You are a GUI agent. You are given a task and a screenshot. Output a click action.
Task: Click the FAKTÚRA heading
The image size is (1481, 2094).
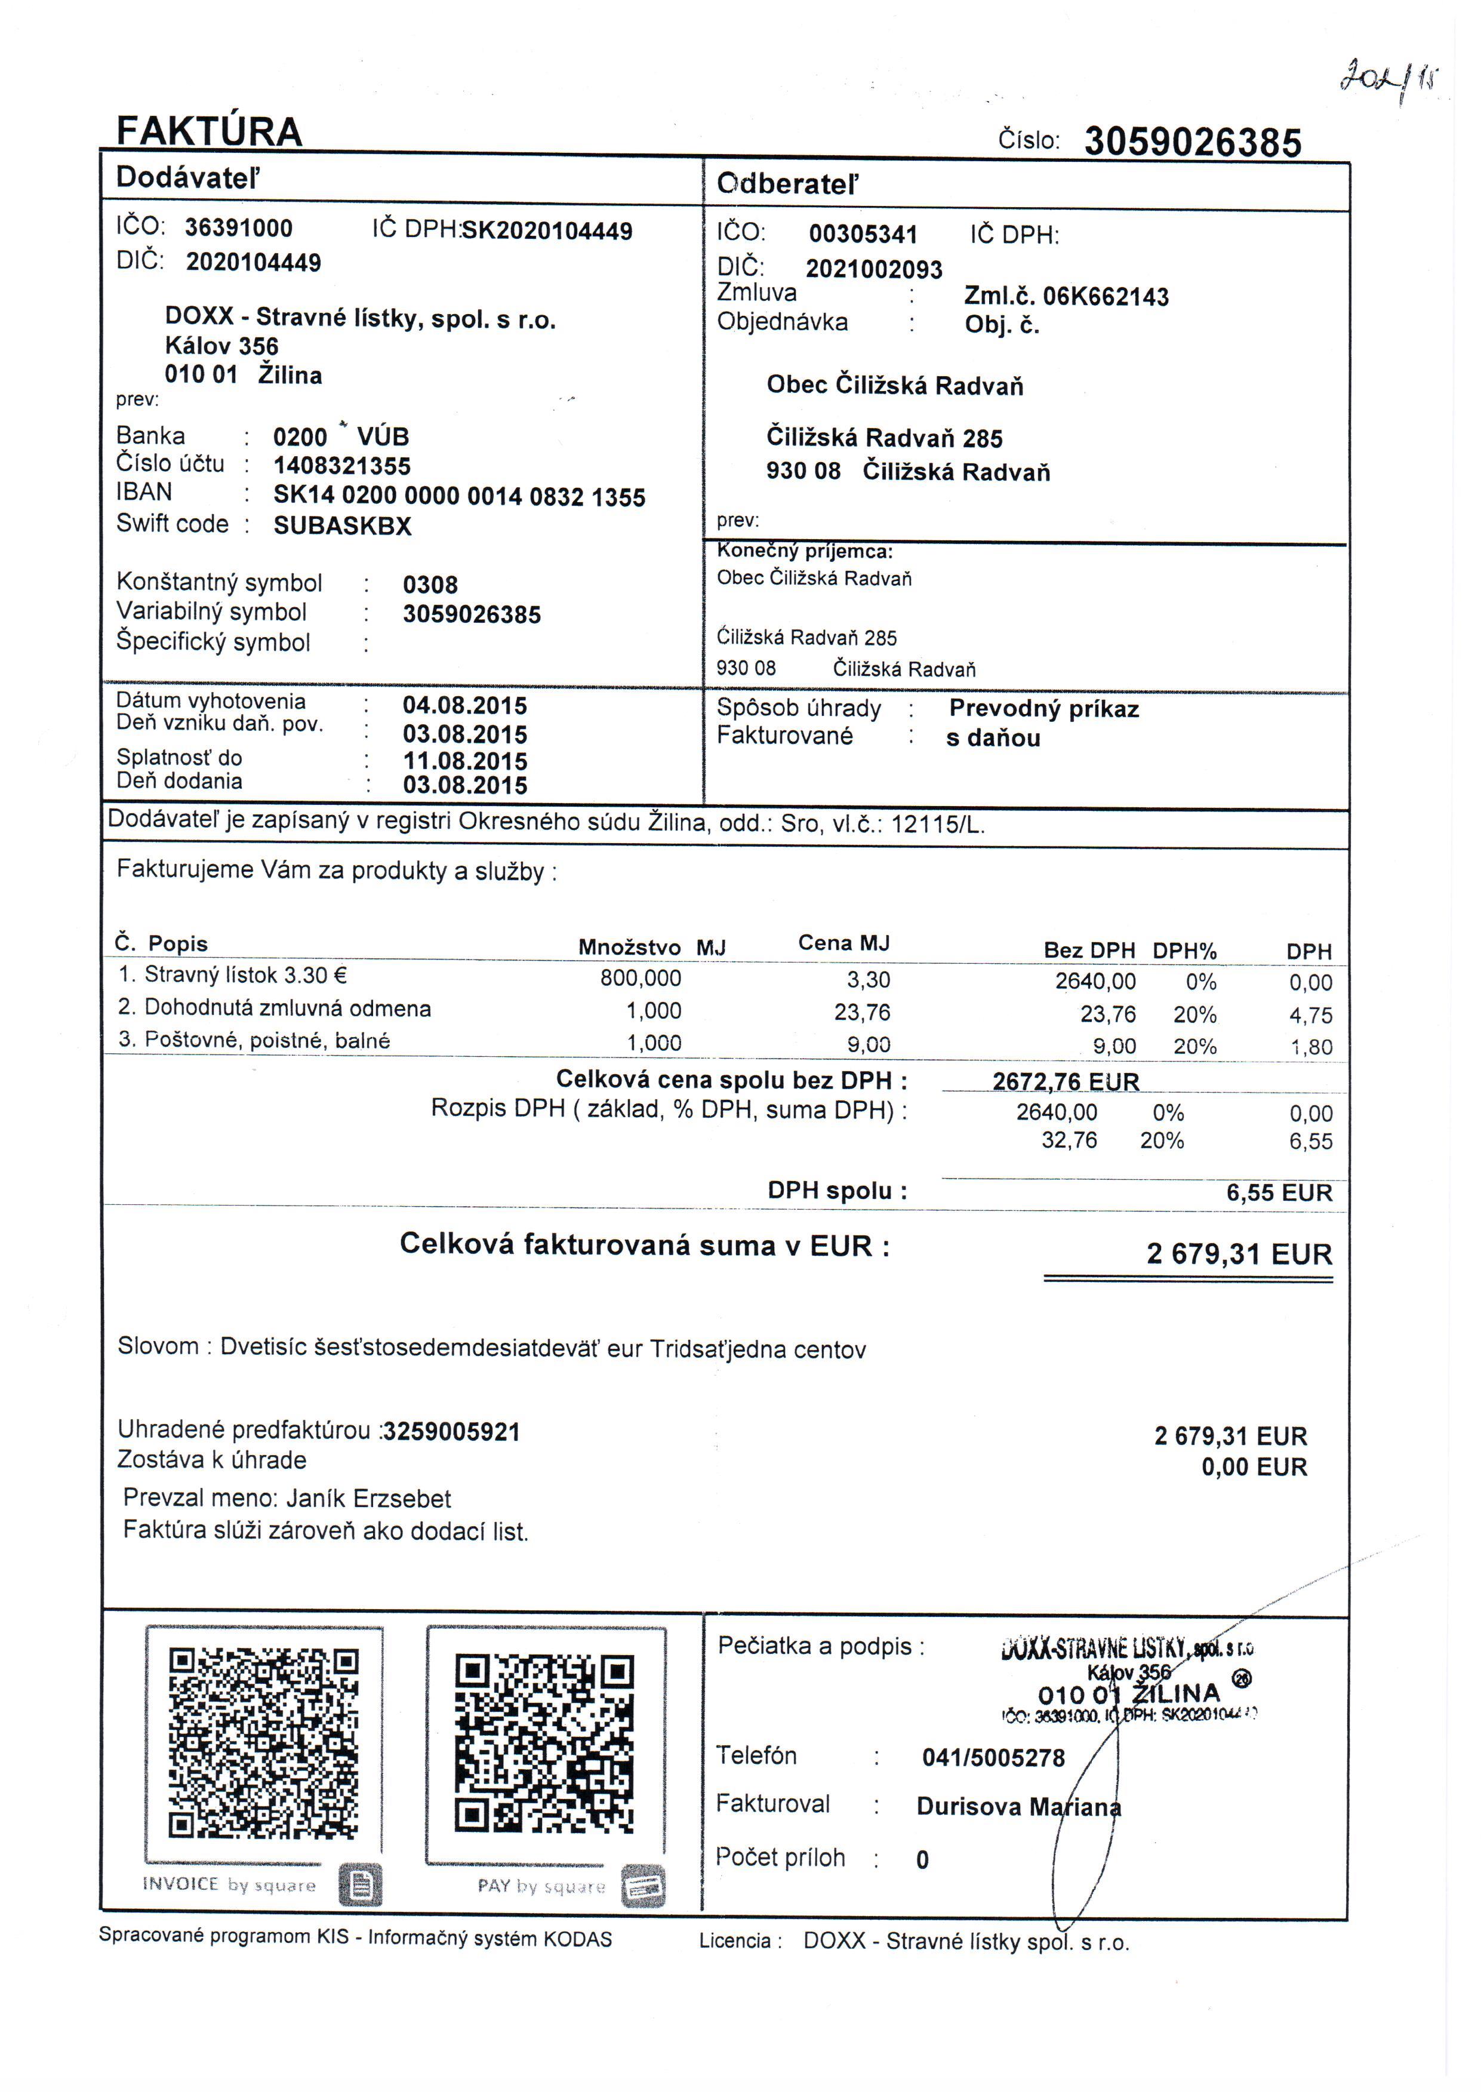[209, 131]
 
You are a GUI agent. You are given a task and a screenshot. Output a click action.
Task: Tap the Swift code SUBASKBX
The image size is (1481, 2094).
[342, 526]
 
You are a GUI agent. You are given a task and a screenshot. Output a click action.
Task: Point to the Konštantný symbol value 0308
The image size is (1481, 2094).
[430, 585]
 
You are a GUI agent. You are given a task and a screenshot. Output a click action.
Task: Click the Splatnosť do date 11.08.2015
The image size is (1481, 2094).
[465, 761]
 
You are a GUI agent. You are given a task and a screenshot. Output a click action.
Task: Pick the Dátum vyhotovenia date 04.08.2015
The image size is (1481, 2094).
[465, 706]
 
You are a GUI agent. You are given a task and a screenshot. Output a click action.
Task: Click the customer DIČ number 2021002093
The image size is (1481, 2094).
[874, 269]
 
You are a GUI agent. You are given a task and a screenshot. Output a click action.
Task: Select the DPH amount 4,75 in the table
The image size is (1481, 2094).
[1310, 1015]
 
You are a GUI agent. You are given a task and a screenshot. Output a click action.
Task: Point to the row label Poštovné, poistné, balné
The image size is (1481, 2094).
[267, 1041]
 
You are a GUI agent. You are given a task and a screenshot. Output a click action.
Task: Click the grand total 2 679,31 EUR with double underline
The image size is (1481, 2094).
[1239, 1254]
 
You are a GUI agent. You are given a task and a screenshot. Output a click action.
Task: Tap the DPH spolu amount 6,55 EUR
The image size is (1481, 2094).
[1279, 1193]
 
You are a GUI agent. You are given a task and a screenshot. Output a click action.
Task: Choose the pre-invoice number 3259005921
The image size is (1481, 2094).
[451, 1432]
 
